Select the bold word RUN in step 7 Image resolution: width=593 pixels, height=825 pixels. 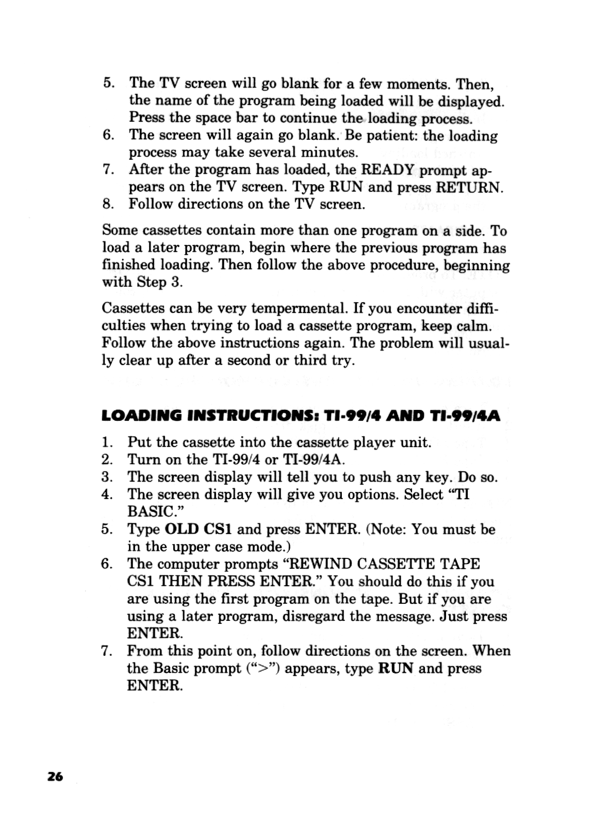point(396,668)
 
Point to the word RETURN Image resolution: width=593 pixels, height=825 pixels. point(468,187)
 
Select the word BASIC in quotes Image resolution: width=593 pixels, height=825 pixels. point(145,512)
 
